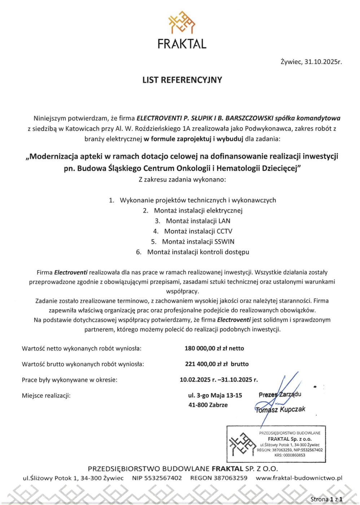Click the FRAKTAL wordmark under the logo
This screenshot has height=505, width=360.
[182, 44]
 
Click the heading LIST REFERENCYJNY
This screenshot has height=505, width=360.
[182, 80]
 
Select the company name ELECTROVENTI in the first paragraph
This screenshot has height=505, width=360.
[159, 118]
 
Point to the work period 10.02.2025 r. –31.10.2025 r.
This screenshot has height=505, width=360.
[219, 379]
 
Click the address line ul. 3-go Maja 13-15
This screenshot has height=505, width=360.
[215, 395]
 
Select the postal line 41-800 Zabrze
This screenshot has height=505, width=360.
[208, 405]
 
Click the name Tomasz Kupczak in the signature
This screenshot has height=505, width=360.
[280, 409]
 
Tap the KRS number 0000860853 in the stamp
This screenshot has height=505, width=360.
[289, 455]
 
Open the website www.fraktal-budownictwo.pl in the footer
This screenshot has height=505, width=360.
[299, 478]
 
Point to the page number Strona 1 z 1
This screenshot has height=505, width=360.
[326, 499]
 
